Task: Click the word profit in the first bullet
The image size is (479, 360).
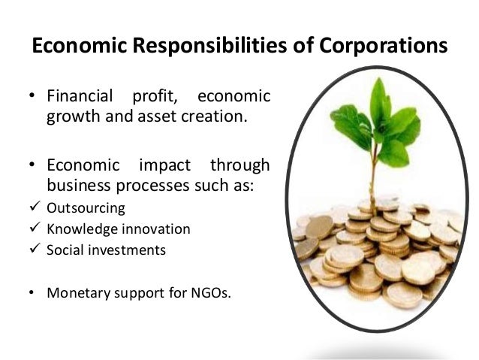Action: point(153,98)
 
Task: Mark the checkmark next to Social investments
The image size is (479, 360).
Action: point(33,250)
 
